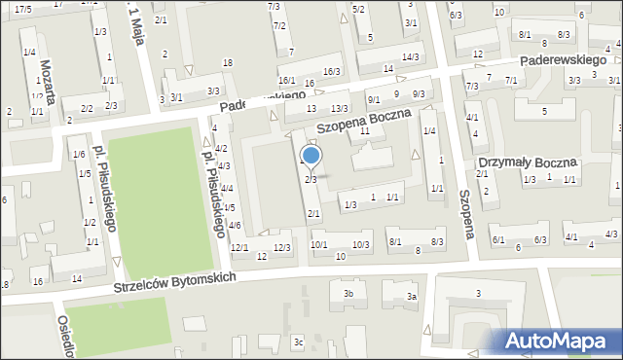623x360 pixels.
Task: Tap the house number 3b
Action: [x=348, y=293]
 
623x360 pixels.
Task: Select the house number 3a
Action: [x=412, y=296]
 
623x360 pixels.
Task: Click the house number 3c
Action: [x=299, y=342]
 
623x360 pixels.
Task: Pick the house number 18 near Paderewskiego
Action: [x=227, y=63]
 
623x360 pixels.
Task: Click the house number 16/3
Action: [x=332, y=71]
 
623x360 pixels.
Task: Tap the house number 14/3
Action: [x=411, y=57]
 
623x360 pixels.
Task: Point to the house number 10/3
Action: [x=361, y=244]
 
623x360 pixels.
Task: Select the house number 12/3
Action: [x=282, y=247]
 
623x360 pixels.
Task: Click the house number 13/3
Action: [x=339, y=108]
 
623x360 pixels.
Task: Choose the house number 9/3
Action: [x=419, y=93]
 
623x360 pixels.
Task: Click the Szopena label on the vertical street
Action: [x=466, y=214]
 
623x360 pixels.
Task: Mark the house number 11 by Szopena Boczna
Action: [x=364, y=130]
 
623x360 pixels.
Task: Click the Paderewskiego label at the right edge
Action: [x=568, y=59]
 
